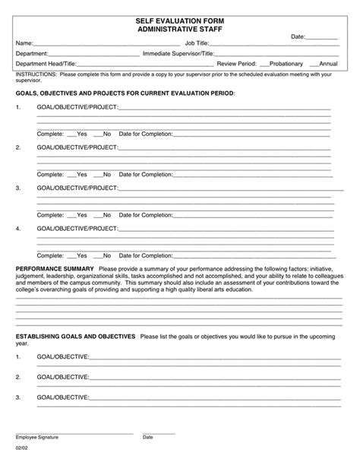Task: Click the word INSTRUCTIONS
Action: [36, 75]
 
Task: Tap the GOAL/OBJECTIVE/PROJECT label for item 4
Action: [77, 227]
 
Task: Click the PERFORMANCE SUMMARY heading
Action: [55, 269]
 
